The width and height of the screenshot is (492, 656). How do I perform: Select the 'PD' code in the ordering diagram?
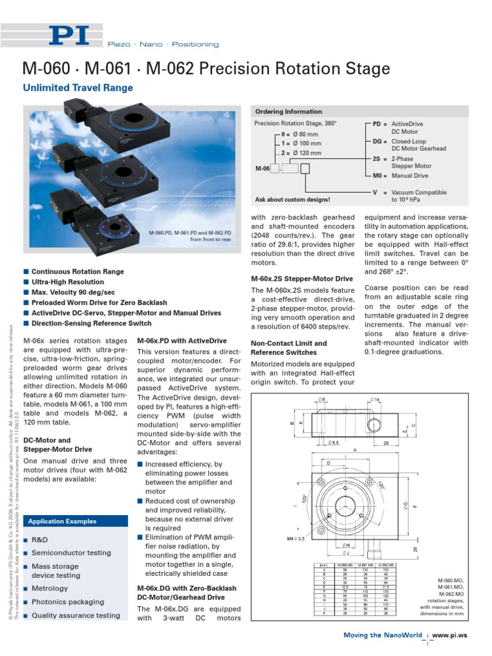tap(376, 124)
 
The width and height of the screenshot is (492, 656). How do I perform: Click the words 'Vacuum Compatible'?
tap(419, 192)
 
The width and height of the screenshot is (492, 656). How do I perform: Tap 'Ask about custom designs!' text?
tap(293, 200)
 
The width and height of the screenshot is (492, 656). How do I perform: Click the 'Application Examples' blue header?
tap(62, 521)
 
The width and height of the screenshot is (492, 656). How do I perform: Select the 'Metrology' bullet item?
tap(49, 588)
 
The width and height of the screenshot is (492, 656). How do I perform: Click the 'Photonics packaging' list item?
tap(67, 602)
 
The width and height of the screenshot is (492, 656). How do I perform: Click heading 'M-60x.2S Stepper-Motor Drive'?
tap(302, 279)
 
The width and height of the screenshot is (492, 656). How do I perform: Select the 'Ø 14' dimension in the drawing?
tap(377, 400)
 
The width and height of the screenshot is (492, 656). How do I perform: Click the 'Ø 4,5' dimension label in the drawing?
tap(334, 441)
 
